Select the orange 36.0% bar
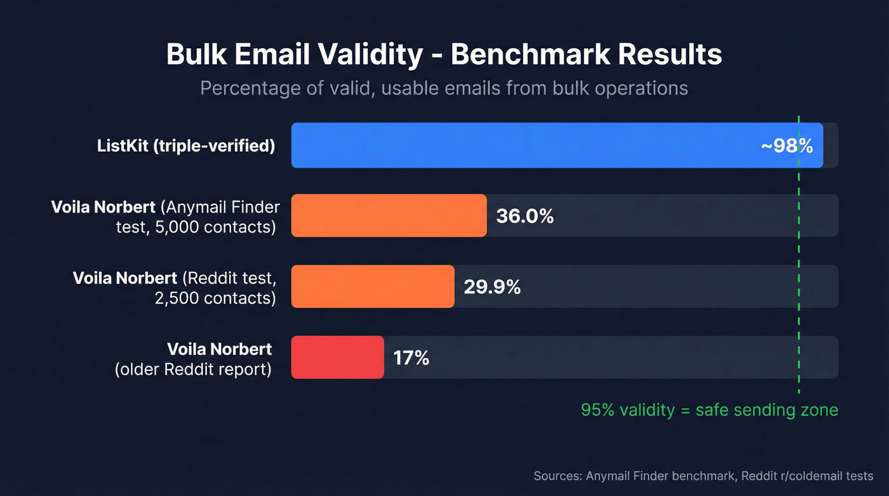389,216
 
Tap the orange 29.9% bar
373,286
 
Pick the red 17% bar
337,358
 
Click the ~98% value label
787,146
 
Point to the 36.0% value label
525,217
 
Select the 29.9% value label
492,287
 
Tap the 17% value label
411,358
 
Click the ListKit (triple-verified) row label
186,145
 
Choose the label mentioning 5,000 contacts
165,217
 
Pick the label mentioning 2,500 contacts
175,287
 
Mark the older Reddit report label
194,358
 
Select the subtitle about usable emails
444,88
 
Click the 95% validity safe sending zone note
709,410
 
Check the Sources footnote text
703,476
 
